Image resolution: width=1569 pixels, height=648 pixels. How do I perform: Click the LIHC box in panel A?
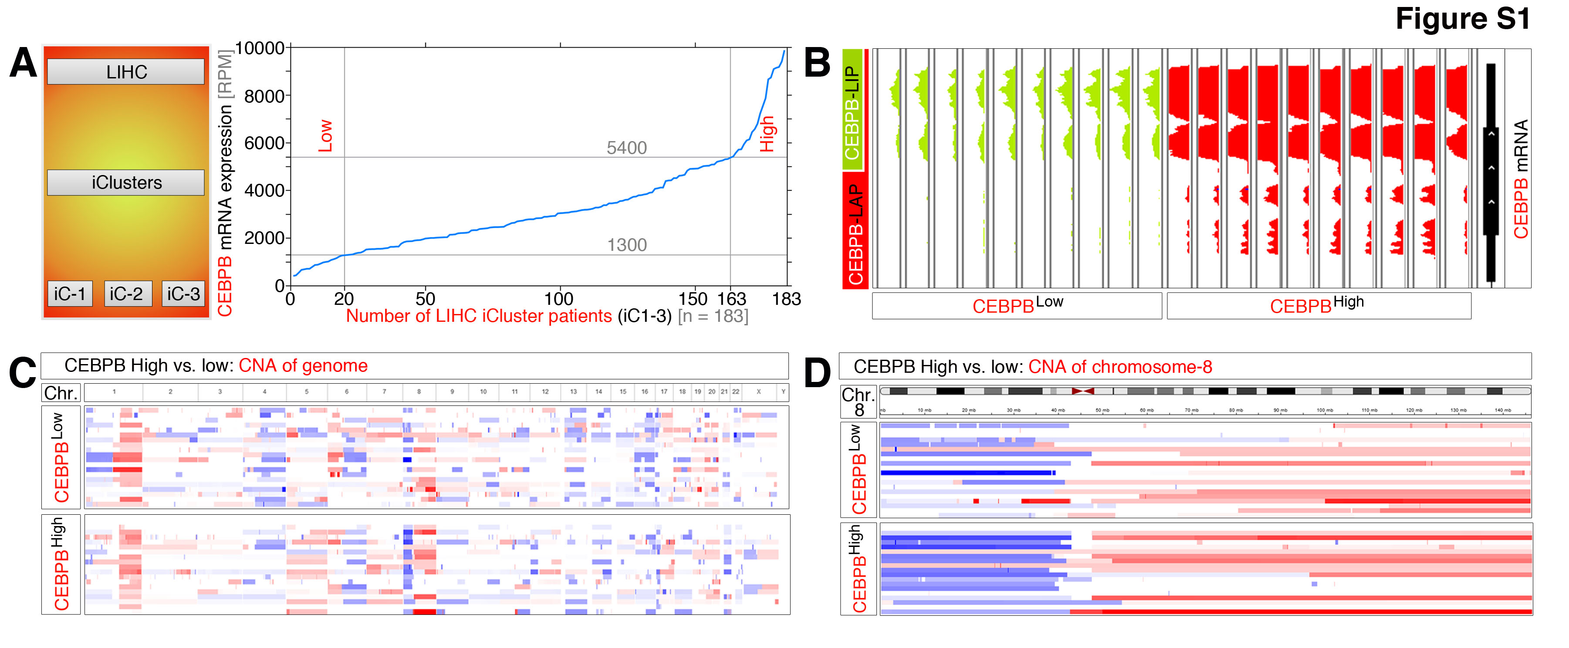[x=125, y=72]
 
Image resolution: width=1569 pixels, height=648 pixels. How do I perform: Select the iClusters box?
[x=125, y=183]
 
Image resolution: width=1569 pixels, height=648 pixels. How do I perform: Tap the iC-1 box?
[x=70, y=294]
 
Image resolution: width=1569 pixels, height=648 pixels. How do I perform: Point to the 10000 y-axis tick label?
[x=260, y=48]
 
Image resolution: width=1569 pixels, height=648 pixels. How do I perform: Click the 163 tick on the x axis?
[x=731, y=299]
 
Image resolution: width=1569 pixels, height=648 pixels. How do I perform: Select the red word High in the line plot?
[x=766, y=134]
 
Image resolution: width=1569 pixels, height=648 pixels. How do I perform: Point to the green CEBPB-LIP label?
[x=852, y=112]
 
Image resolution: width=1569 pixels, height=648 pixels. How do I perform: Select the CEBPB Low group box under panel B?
[x=1017, y=306]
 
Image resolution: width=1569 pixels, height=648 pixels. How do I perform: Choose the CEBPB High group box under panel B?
[x=1318, y=306]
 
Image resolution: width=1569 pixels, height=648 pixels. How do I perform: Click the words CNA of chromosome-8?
[x=1119, y=367]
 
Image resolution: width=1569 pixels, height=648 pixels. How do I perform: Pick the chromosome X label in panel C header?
[x=758, y=391]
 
